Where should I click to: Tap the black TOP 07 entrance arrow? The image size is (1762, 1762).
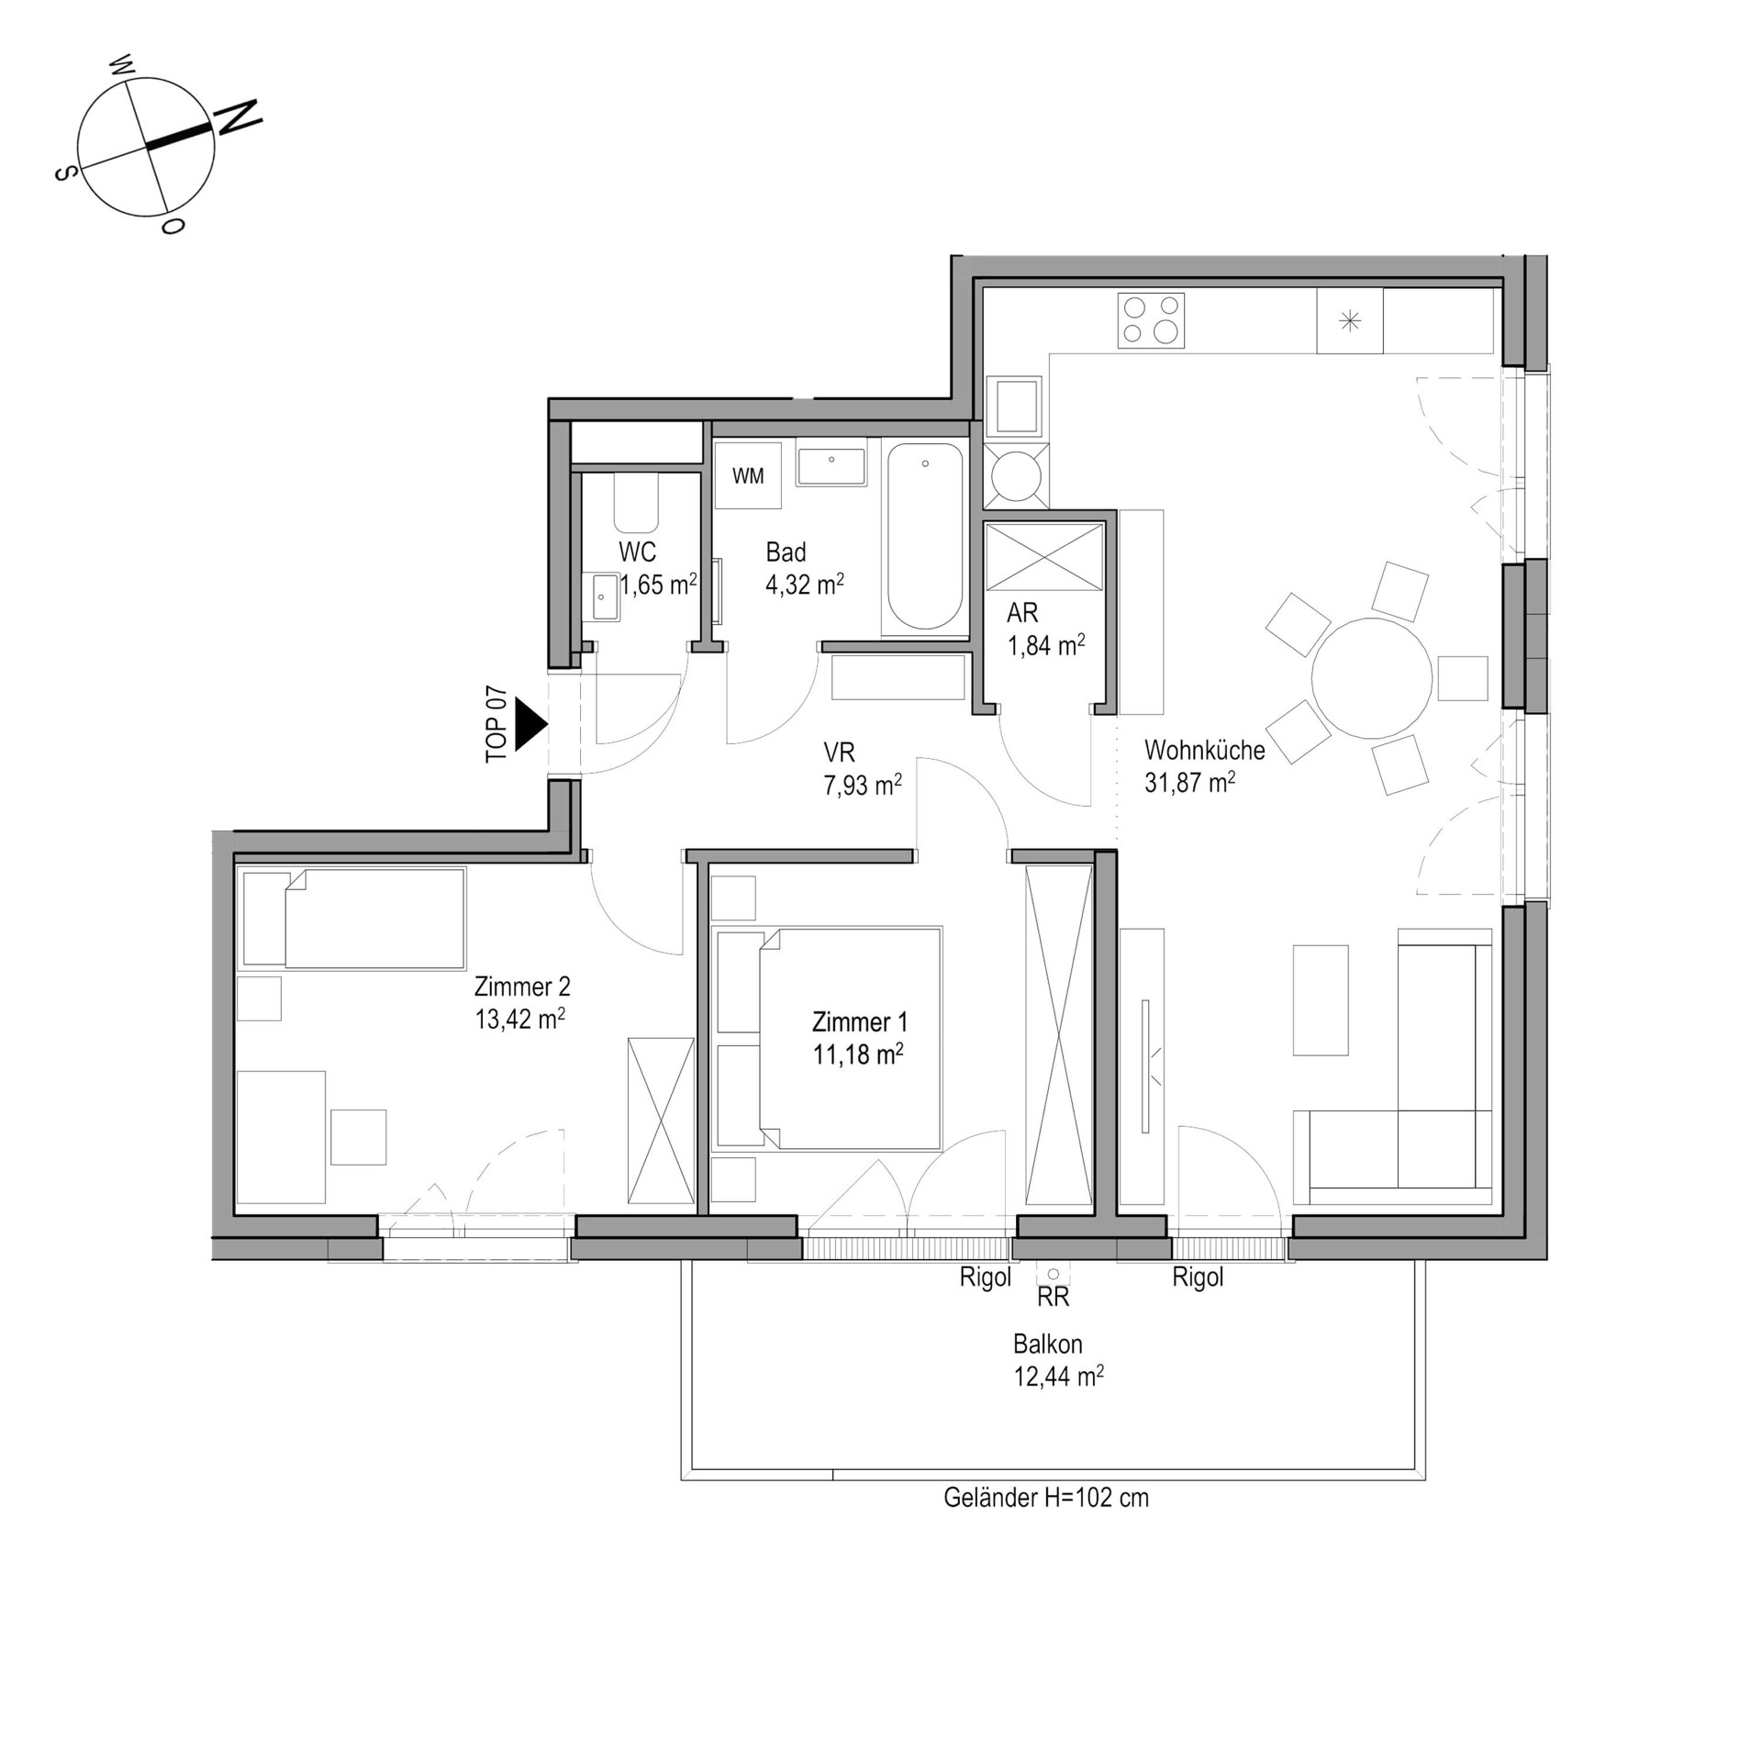pos(530,724)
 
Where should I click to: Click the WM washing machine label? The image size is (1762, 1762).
pos(748,476)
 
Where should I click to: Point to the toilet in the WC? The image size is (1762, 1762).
pos(636,503)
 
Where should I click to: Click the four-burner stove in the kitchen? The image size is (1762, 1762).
pos(1151,320)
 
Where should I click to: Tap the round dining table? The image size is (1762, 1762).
pos(1371,678)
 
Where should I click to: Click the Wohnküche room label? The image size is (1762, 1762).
pos(1204,750)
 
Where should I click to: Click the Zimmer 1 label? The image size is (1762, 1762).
pos(859,1021)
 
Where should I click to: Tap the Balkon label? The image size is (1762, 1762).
pos(1047,1344)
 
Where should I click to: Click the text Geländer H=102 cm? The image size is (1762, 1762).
pos(1045,1498)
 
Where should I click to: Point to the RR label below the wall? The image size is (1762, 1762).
pos(1053,1297)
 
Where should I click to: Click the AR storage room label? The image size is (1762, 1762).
pos(1022,612)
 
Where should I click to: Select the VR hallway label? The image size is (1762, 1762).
pos(839,753)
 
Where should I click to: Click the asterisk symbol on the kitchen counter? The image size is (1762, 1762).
pos(1349,321)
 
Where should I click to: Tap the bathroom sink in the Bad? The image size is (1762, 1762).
pos(831,465)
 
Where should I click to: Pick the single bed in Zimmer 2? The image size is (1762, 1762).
pos(353,918)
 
